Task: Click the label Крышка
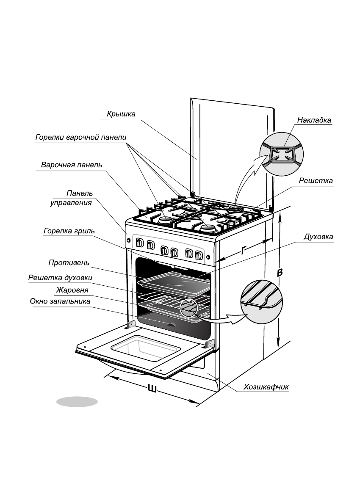[x=121, y=114]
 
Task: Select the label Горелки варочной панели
[x=80, y=138]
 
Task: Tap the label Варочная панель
[x=72, y=165]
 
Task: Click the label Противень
[x=69, y=263]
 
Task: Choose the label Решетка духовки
[x=60, y=278]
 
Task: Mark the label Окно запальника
[x=60, y=301]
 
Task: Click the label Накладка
[x=314, y=120]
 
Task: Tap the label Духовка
[x=318, y=237]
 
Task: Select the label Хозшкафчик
[x=266, y=387]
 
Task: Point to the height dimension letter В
[x=279, y=273]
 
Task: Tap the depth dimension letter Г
[x=244, y=251]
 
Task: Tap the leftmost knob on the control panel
[x=138, y=243]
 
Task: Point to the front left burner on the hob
[x=165, y=220]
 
